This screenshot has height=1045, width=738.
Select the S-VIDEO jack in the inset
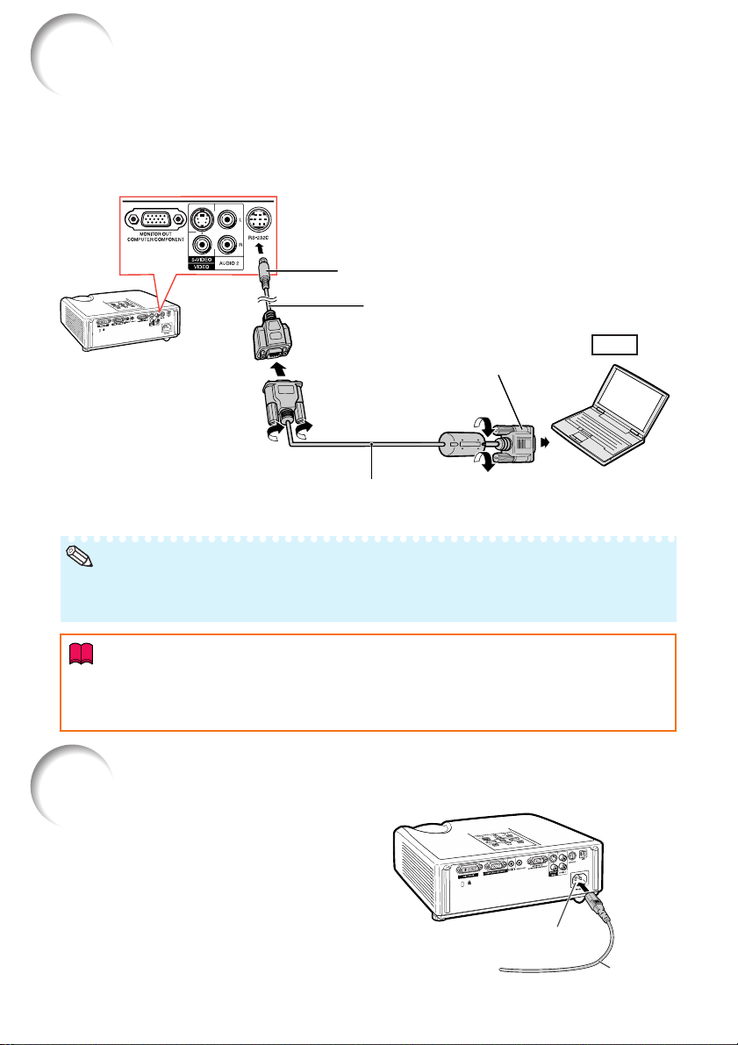pos(204,218)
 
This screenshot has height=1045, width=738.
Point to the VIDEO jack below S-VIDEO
pos(204,250)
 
